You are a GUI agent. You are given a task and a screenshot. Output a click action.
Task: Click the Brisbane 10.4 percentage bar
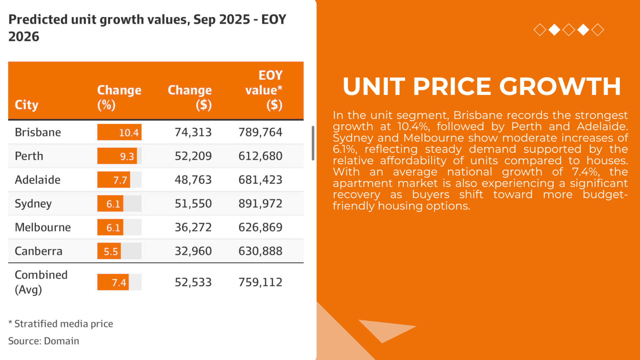pyautogui.click(x=119, y=132)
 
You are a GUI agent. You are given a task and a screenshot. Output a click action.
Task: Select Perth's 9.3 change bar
pyautogui.click(x=117, y=156)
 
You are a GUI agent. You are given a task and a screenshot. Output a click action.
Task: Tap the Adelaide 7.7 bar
pyautogui.click(x=114, y=180)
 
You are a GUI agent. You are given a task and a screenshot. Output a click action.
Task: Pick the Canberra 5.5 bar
pyautogui.click(x=109, y=251)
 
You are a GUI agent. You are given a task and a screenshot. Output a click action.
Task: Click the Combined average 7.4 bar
pyautogui.click(x=113, y=282)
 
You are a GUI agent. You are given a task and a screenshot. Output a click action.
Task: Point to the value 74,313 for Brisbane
pyautogui.click(x=193, y=132)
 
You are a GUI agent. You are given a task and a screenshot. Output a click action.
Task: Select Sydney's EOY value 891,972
pyautogui.click(x=260, y=204)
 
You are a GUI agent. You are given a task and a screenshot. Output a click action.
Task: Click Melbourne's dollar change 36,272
pyautogui.click(x=193, y=227)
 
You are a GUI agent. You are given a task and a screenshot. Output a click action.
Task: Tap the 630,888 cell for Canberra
pyautogui.click(x=260, y=251)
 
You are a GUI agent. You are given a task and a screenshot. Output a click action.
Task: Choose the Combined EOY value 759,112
pyautogui.click(x=260, y=282)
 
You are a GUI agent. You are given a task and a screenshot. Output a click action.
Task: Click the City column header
pyautogui.click(x=27, y=105)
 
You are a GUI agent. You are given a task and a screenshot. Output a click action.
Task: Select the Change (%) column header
pyautogui.click(x=119, y=97)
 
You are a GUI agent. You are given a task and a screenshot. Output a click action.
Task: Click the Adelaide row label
pyautogui.click(x=38, y=180)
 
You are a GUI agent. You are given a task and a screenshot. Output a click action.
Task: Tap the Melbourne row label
pyautogui.click(x=43, y=227)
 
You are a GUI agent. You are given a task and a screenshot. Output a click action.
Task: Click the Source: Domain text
pyautogui.click(x=44, y=341)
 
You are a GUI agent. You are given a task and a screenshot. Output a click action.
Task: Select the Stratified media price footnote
pyautogui.click(x=61, y=324)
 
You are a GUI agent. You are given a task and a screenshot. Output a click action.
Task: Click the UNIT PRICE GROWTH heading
pyautogui.click(x=482, y=87)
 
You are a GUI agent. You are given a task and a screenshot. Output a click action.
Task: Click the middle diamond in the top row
pyautogui.click(x=569, y=30)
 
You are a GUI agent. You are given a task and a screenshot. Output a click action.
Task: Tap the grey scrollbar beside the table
pyautogui.click(x=313, y=143)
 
